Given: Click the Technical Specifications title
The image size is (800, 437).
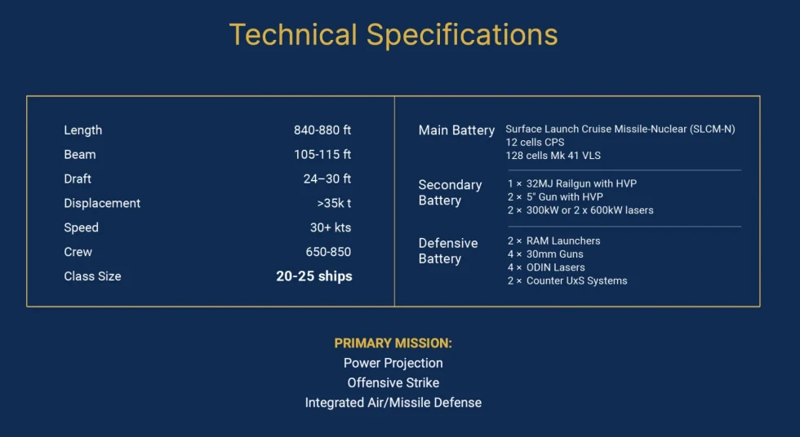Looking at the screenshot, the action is [393, 35].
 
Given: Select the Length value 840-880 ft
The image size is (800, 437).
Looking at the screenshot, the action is [322, 130].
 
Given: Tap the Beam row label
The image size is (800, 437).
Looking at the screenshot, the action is [80, 154].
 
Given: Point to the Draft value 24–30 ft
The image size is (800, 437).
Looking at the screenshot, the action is [327, 179].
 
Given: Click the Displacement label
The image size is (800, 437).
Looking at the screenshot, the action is [102, 203].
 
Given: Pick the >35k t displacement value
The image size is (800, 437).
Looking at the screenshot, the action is [334, 203].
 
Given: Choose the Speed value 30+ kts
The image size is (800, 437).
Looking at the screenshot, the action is [331, 227].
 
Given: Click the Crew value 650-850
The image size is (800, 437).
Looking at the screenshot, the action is [328, 252].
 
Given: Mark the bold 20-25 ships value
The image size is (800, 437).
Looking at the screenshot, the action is [314, 276].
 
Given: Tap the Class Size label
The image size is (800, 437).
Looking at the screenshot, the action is [92, 276].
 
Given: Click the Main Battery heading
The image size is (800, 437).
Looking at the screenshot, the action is [456, 130].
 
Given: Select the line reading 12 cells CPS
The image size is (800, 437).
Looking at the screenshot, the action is [535, 142].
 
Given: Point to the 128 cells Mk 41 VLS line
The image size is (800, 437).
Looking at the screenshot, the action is [553, 156].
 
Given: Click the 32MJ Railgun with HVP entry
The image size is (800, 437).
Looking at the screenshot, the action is [581, 183].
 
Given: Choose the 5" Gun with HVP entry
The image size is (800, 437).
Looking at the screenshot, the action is [565, 196].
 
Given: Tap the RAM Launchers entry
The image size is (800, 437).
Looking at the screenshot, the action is [563, 241].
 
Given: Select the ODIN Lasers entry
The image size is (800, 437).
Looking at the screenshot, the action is [556, 267].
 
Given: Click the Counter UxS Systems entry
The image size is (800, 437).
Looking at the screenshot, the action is [577, 280].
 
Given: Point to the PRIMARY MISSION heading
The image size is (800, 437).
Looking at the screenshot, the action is [393, 343].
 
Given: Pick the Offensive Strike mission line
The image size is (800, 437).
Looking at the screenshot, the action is [393, 382].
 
